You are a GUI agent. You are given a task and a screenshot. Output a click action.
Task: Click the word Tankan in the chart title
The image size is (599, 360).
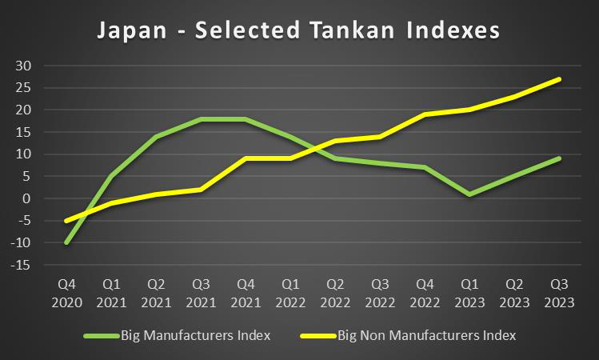click(x=327, y=31)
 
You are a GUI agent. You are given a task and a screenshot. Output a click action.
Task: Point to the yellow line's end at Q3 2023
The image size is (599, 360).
click(x=559, y=79)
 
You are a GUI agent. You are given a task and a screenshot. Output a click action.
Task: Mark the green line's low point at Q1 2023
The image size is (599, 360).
click(x=469, y=194)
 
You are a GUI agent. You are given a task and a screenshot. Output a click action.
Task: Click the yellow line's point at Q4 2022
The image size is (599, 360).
click(x=425, y=114)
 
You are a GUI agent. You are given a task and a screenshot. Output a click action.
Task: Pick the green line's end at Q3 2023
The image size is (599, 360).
click(x=559, y=158)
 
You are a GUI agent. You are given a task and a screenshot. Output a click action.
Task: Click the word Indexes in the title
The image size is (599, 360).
click(x=447, y=31)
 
